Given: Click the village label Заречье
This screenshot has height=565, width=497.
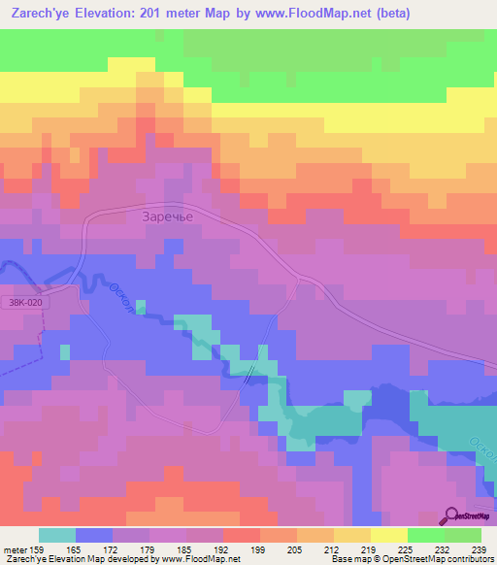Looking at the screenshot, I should (169, 217).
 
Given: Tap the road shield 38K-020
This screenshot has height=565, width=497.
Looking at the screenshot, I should (26, 303).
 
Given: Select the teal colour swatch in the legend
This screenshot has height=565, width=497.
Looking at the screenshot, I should (57, 535).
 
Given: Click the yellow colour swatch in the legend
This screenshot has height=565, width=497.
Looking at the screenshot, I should (389, 535).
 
